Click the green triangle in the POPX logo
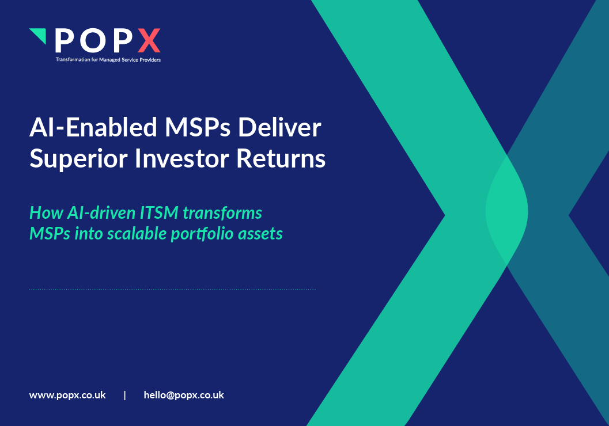coord(39,35)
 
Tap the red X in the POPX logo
coord(150,41)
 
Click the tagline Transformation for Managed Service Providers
coord(108,59)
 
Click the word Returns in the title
coord(282,159)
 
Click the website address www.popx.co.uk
coord(67,395)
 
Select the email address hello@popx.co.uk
coord(184,395)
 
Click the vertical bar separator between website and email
coord(125,395)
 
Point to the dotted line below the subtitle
coord(172,290)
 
